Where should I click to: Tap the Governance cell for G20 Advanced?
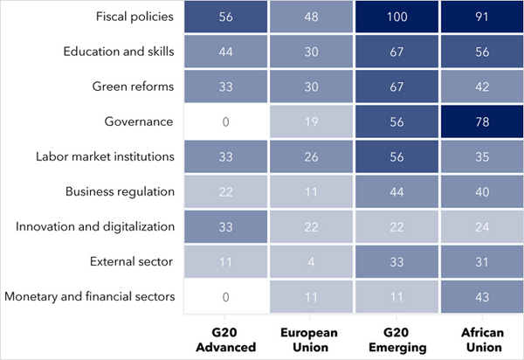point(225,121)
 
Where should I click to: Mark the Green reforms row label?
point(134,87)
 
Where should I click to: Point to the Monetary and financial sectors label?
point(90,296)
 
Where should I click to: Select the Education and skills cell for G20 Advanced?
point(225,52)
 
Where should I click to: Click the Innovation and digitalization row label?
point(96,226)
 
